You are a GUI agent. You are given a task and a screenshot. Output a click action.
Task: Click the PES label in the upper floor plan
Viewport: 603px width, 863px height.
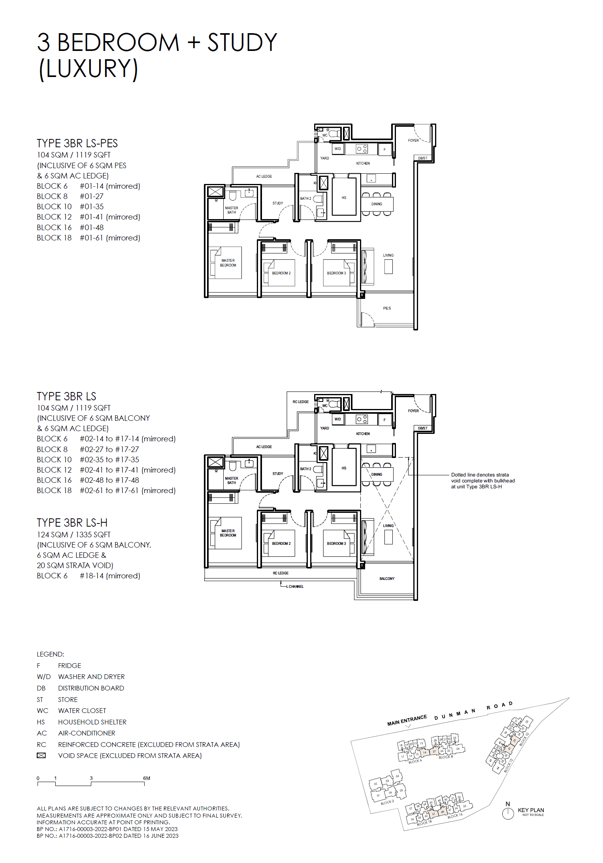pyautogui.click(x=387, y=308)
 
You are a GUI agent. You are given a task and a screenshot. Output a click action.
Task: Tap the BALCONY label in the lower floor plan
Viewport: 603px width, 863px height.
pyautogui.click(x=387, y=578)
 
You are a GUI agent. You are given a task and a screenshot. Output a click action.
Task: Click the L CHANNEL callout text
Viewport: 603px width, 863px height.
pyautogui.click(x=296, y=586)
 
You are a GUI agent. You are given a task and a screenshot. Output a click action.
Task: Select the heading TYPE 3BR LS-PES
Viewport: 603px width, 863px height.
pyautogui.click(x=77, y=143)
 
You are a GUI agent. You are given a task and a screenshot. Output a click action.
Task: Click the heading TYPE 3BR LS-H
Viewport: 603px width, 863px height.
pyautogui.click(x=72, y=523)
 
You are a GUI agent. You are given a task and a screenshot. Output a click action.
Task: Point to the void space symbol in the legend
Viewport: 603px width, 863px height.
pyautogui.click(x=41, y=755)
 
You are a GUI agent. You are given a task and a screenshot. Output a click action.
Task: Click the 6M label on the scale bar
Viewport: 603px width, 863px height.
pyautogui.click(x=147, y=778)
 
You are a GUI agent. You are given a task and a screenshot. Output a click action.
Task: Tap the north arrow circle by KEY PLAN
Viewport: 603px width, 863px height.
pyautogui.click(x=508, y=813)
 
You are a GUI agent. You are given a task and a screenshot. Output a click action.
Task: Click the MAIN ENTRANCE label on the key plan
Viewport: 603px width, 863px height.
pyautogui.click(x=407, y=720)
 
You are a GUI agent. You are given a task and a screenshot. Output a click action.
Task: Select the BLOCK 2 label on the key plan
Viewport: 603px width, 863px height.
pyautogui.click(x=387, y=802)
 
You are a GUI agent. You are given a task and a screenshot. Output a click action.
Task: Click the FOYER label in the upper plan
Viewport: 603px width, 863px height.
pyautogui.click(x=413, y=140)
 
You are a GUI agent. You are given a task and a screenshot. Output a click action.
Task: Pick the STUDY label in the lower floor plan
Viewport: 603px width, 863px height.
pyautogui.click(x=278, y=473)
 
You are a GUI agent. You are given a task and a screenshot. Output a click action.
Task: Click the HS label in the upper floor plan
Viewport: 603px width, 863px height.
pyautogui.click(x=344, y=197)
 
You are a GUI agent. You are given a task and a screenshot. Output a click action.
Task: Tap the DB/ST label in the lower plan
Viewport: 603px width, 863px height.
pyautogui.click(x=423, y=428)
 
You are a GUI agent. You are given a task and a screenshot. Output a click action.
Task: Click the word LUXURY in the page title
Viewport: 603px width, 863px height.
pyautogui.click(x=89, y=69)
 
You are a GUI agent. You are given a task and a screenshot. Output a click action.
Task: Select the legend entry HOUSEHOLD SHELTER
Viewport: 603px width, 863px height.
pyautogui.click(x=92, y=722)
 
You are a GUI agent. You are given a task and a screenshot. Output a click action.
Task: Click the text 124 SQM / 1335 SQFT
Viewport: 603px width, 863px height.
pyautogui.click(x=74, y=535)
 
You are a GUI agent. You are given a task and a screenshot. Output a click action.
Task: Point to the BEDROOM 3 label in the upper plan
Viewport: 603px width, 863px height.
pyautogui.click(x=336, y=273)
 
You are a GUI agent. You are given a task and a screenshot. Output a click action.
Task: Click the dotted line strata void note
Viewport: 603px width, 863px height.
pyautogui.click(x=483, y=480)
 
